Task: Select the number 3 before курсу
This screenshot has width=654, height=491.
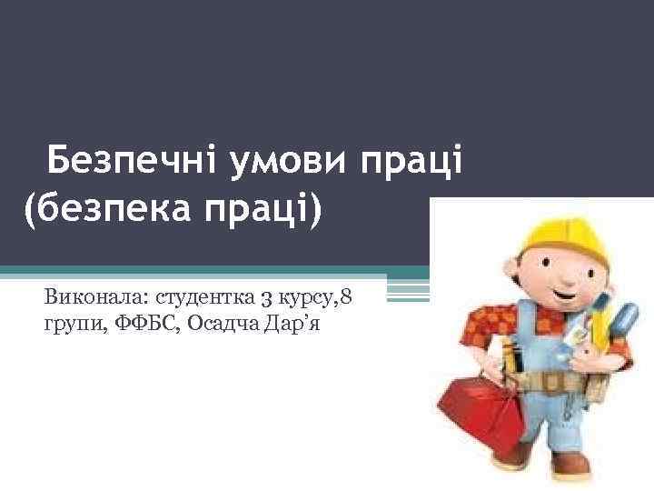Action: coord(258,297)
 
